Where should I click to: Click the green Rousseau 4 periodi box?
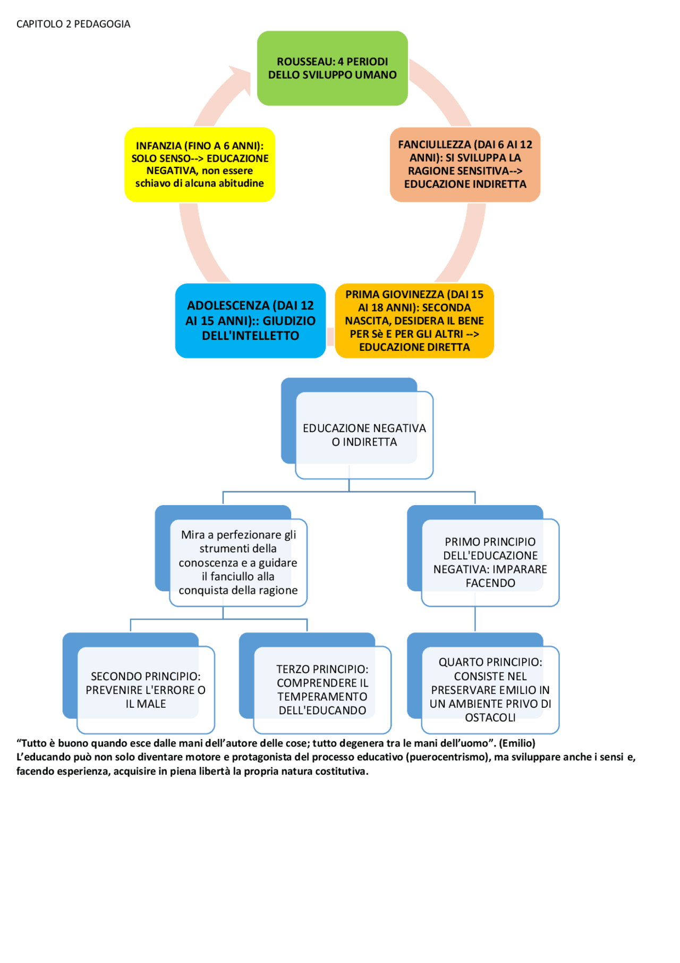332,68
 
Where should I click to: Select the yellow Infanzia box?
199,164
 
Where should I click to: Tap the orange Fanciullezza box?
465,164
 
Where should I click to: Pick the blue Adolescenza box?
250,321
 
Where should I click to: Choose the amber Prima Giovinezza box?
414,321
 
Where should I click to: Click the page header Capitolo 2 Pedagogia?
73,24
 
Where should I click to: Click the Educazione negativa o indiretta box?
364,435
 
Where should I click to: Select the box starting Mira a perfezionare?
237,562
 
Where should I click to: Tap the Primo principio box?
490,562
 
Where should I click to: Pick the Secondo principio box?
146,690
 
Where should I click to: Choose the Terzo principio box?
322,690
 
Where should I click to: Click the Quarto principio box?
490,690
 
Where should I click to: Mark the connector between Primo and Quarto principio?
475,619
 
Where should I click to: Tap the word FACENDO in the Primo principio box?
490,583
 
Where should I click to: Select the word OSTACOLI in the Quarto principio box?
490,717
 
